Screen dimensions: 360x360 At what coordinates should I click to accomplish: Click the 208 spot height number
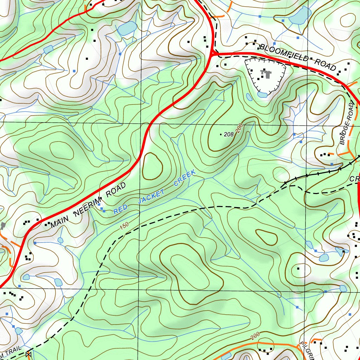[x=229, y=134]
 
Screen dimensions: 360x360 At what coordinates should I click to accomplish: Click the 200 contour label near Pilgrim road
[x=255, y=336]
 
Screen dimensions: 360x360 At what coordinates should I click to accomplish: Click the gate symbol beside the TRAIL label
[x=29, y=355]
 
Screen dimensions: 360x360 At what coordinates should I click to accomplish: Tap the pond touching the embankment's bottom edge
[x=262, y=94]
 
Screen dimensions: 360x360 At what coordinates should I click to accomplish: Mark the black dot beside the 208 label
[x=221, y=135]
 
